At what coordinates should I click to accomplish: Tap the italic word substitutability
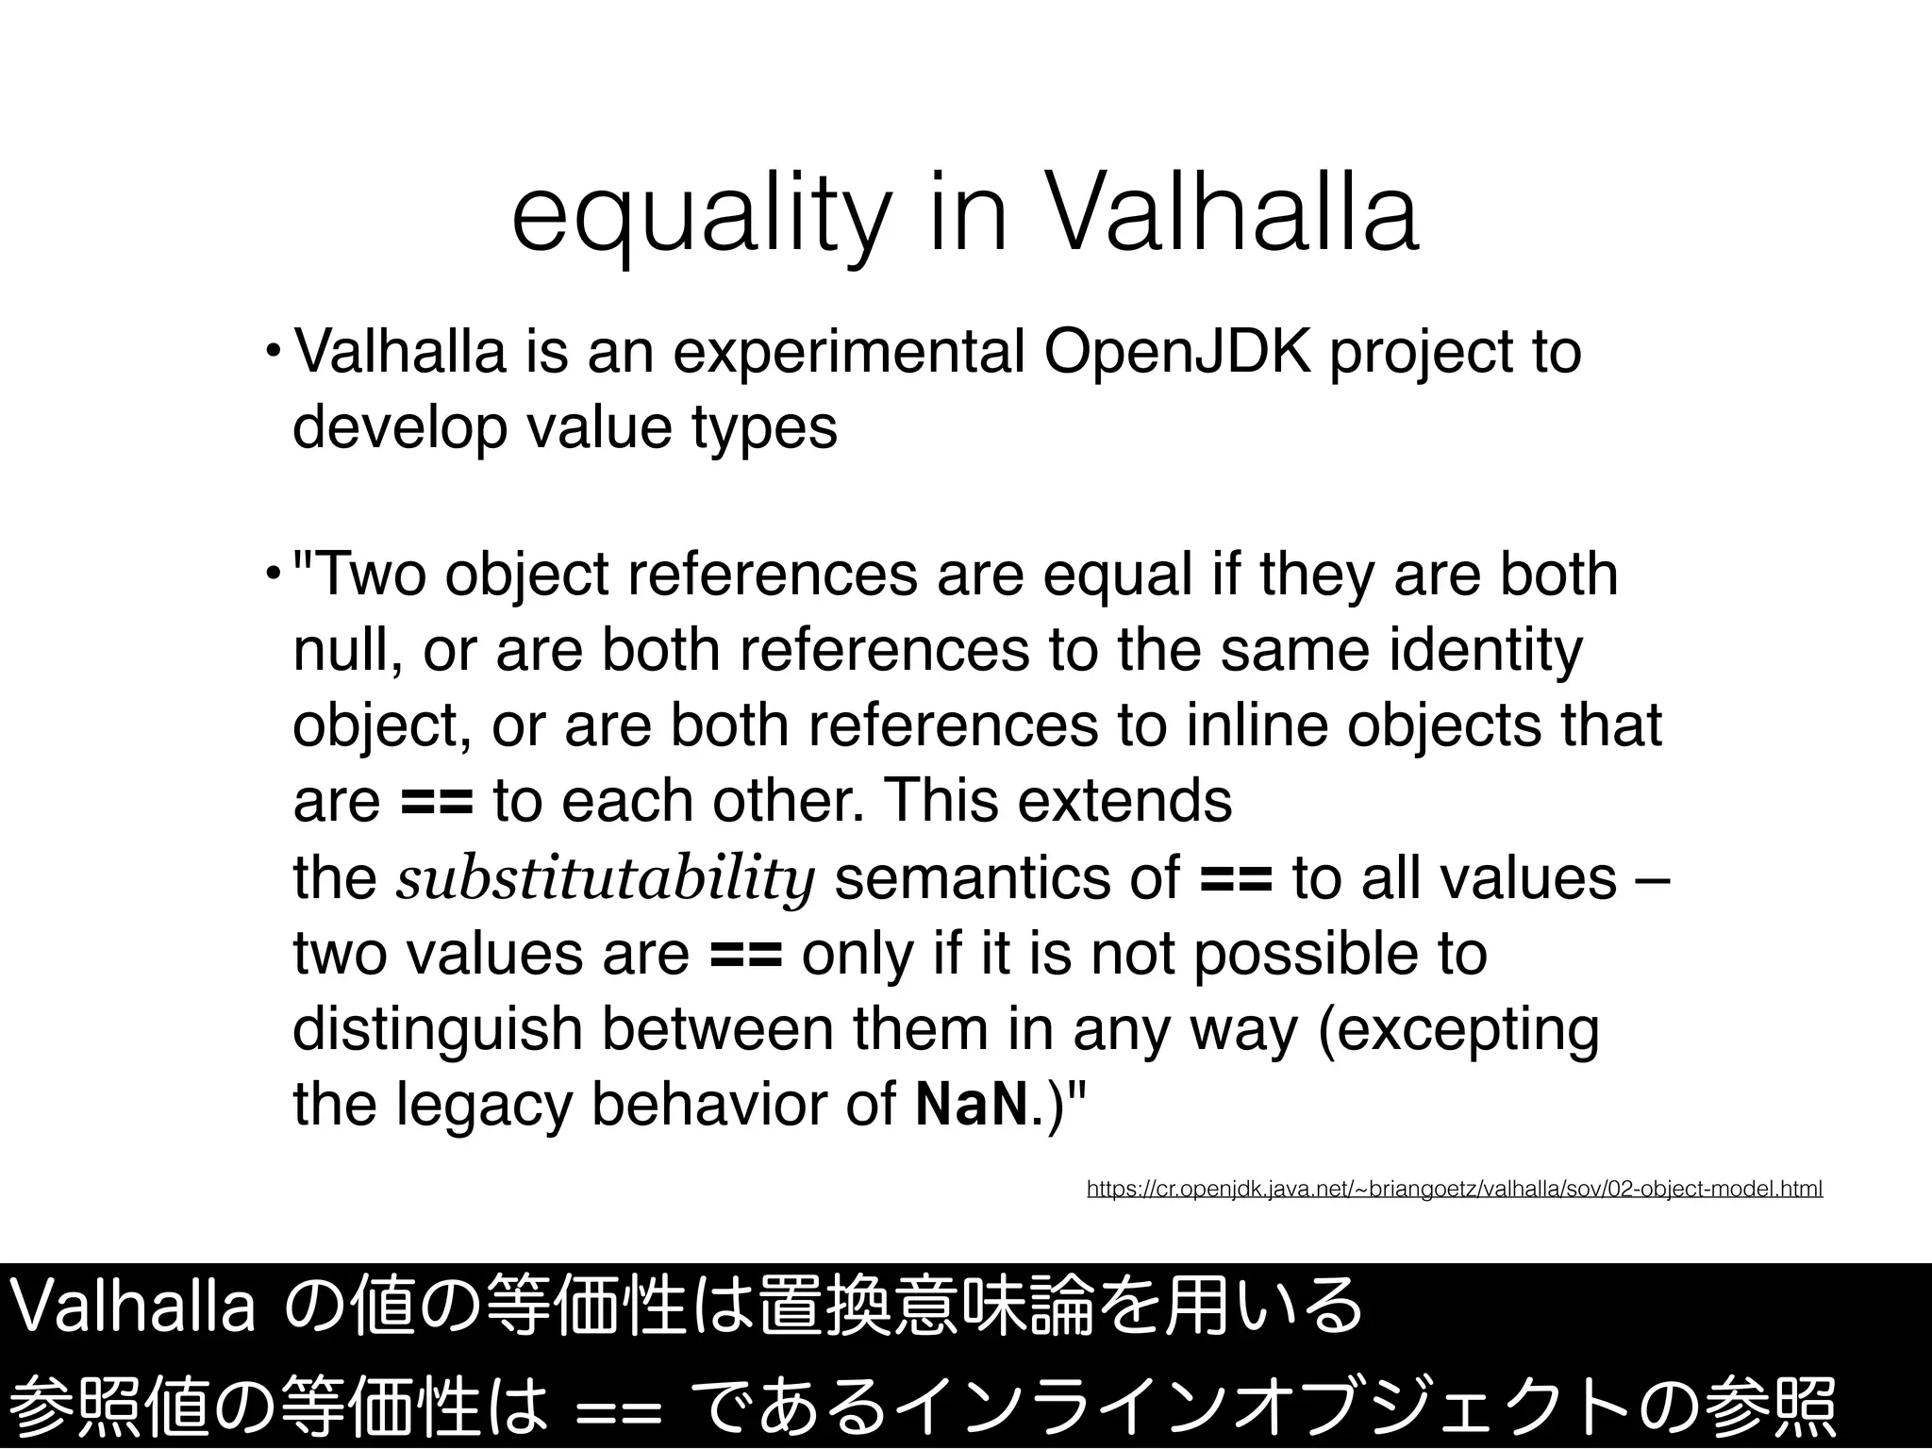tap(605, 878)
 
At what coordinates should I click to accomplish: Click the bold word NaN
tap(971, 1105)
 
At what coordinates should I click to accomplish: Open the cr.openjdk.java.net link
tap(1454, 1189)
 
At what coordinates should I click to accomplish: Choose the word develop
tap(400, 427)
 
